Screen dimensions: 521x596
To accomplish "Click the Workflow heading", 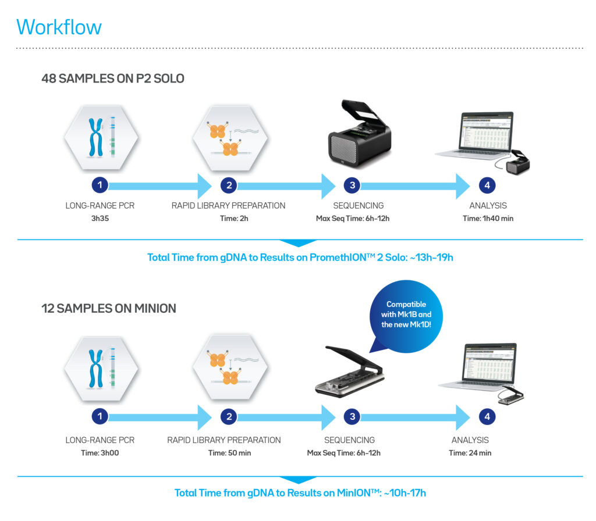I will click(x=59, y=27).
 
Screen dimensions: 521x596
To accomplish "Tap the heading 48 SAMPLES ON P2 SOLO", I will click(x=112, y=78).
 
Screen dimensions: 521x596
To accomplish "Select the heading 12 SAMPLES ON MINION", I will click(x=108, y=308).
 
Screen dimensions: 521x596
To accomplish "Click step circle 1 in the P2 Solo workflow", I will click(x=101, y=185).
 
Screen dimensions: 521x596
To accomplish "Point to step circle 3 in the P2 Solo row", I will click(x=352, y=185).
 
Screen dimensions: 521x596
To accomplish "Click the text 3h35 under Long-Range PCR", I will click(x=101, y=218).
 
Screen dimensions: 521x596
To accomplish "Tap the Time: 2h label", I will click(x=228, y=218).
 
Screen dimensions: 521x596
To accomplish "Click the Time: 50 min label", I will click(x=229, y=453).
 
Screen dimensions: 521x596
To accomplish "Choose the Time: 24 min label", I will click(x=470, y=453).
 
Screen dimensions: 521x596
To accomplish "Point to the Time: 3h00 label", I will click(x=101, y=453).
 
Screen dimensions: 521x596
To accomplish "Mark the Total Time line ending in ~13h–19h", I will click(x=300, y=257).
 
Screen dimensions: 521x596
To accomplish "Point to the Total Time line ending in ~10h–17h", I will click(x=300, y=493).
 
